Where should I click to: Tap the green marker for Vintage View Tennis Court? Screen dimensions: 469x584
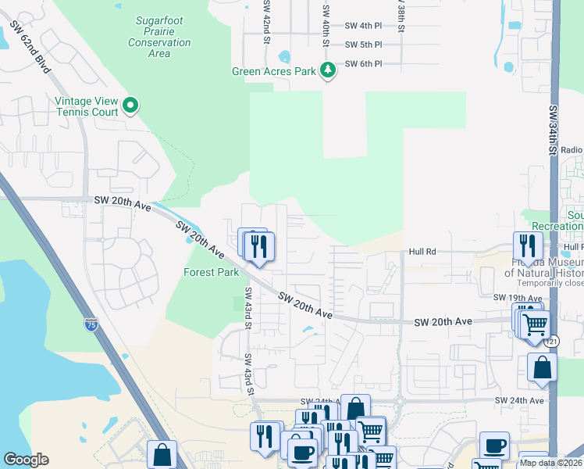[131, 105]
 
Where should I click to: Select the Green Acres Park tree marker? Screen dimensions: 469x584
[329, 71]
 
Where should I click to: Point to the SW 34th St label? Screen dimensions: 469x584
[553, 130]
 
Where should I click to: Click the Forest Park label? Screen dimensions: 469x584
[211, 273]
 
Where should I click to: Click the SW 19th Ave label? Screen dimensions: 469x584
[517, 298]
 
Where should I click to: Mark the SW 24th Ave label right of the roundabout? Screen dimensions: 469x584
[518, 400]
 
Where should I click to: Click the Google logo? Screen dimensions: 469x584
[26, 460]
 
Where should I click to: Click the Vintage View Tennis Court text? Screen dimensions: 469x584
[86, 106]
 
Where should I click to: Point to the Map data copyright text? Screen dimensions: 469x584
[550, 462]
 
